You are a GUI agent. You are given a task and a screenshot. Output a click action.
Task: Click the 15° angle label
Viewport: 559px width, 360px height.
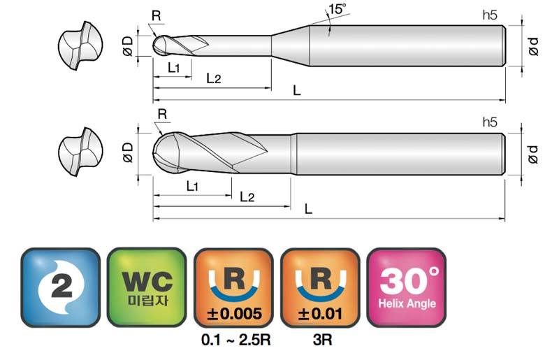click(x=337, y=9)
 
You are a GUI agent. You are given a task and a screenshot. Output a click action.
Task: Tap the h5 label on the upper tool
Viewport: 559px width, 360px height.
click(x=490, y=15)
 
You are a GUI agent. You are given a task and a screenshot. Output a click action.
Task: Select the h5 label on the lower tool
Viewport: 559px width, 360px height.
click(x=490, y=122)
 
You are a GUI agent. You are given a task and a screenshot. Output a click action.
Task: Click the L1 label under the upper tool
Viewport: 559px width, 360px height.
click(x=173, y=67)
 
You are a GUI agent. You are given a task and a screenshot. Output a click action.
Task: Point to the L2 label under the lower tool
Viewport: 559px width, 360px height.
click(x=247, y=196)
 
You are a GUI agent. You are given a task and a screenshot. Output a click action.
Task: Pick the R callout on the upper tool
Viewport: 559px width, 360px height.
click(x=156, y=16)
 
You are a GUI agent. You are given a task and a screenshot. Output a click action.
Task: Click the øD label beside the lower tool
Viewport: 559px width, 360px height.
click(x=128, y=152)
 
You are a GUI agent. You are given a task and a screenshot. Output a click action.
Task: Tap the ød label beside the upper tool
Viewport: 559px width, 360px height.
click(x=533, y=46)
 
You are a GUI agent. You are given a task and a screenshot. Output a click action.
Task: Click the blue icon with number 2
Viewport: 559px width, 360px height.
click(x=61, y=287)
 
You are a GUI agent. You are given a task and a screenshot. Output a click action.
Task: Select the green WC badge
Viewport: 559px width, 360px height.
click(x=147, y=287)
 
